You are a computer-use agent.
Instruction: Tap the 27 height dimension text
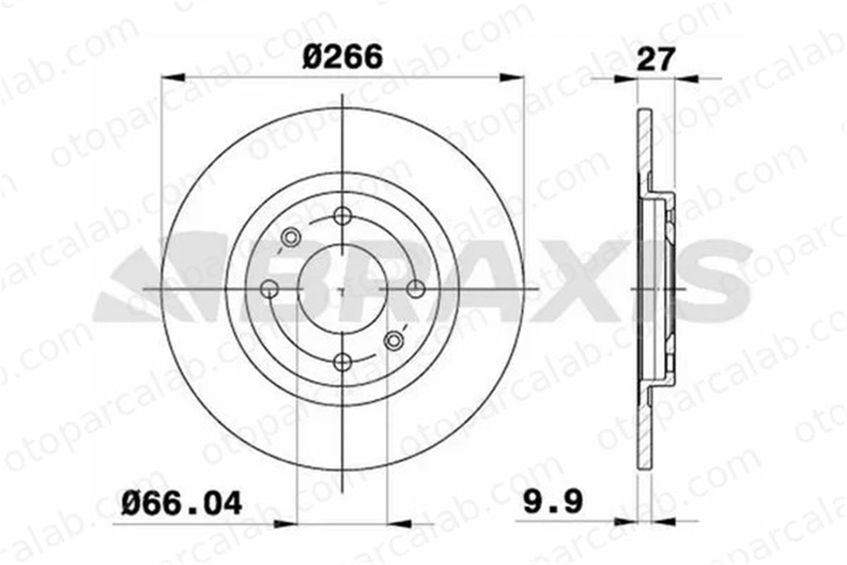tap(655, 59)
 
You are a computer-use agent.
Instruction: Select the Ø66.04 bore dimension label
tap(182, 503)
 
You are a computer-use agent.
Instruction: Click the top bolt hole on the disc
tap(343, 216)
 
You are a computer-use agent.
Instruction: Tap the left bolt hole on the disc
tap(269, 289)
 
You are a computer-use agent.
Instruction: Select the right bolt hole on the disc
tap(416, 289)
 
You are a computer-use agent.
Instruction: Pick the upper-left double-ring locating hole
tap(291, 237)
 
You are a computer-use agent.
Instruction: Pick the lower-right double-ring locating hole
tap(394, 341)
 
